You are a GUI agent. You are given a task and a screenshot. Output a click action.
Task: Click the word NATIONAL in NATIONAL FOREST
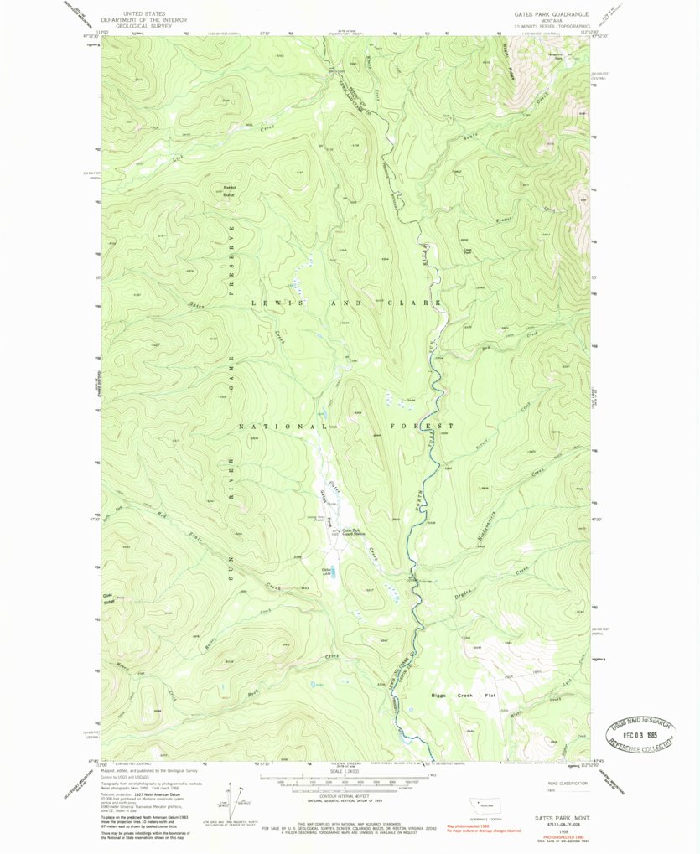274,427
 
